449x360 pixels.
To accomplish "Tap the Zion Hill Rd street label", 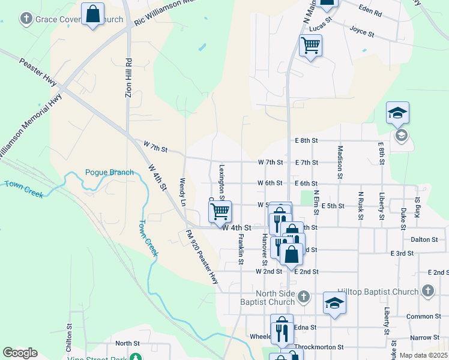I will pos(128,77).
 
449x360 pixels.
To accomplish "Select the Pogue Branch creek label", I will pos(109,173).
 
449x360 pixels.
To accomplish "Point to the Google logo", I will pos(20,353).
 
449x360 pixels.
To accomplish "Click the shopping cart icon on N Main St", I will pos(310,45).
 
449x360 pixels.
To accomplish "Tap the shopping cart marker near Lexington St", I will pos(220,211).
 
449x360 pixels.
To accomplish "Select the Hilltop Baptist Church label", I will pos(378,292).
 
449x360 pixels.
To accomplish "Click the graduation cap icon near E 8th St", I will pos(397,113).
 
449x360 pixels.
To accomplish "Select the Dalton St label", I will pos(424,239).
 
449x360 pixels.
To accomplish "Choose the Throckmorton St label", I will pos(320,347).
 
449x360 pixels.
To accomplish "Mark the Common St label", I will pos(423,316).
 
